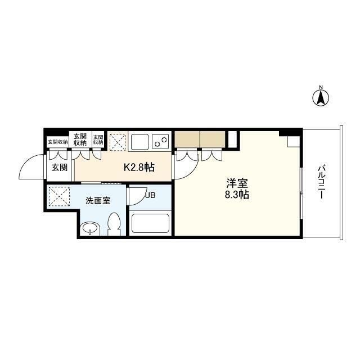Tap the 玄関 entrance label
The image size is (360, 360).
pyautogui.click(x=59, y=167)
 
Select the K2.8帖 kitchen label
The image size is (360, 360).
pyautogui.click(x=139, y=167)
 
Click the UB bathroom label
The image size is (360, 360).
pyautogui.click(x=150, y=196)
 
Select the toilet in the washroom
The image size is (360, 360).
pyautogui.click(x=114, y=224)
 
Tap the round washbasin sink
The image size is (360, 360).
pyautogui.click(x=90, y=229)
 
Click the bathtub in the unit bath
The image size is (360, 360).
pyautogui.click(x=150, y=224)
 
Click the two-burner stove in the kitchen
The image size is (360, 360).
pyautogui.click(x=161, y=141)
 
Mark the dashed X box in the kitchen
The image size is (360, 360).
pyautogui.click(x=118, y=142)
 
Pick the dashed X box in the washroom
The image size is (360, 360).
pyautogui.click(x=58, y=196)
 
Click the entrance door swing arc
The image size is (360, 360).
pyautogui.click(x=33, y=167)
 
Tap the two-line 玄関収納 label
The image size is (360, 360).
pyautogui.click(x=79, y=139)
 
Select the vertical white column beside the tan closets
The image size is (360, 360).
pyautogui.click(x=233, y=138)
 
